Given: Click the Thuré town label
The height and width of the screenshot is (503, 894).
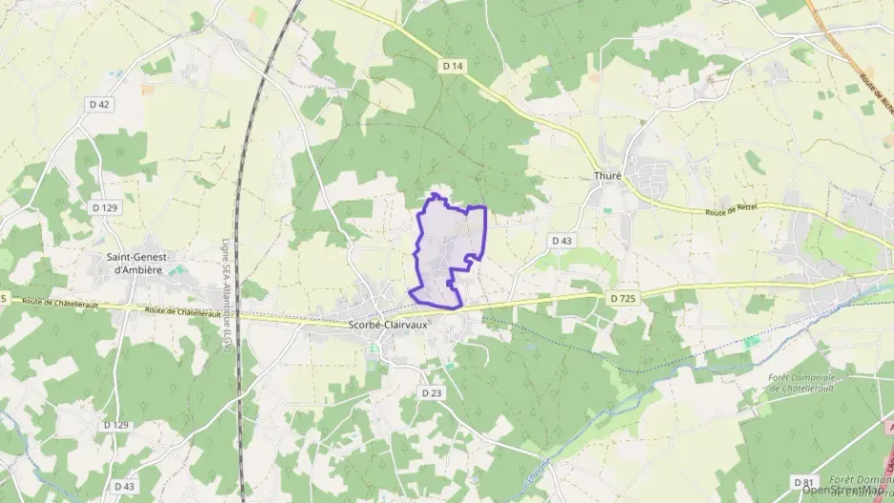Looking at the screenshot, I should click(607, 176).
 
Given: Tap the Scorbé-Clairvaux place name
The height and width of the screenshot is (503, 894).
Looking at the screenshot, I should click(387, 324).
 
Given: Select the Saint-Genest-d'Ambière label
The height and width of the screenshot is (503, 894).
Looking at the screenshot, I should click(138, 262).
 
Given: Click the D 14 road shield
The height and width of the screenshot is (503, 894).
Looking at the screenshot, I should click(453, 65).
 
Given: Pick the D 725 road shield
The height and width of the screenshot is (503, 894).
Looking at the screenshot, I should click(623, 299).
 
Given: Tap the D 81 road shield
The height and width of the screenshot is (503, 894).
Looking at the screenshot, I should click(804, 484).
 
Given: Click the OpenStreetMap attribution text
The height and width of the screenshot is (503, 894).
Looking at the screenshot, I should click(844, 492).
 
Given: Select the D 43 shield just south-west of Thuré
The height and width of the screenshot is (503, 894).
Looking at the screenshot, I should click(562, 241).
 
